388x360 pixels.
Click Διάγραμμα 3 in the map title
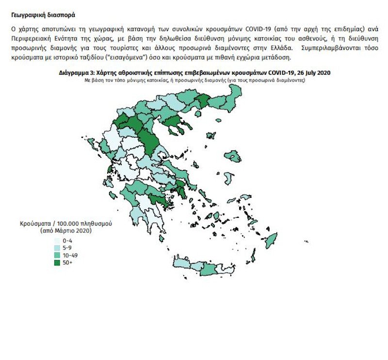[x=76, y=72]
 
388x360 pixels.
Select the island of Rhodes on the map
[x=270, y=239]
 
